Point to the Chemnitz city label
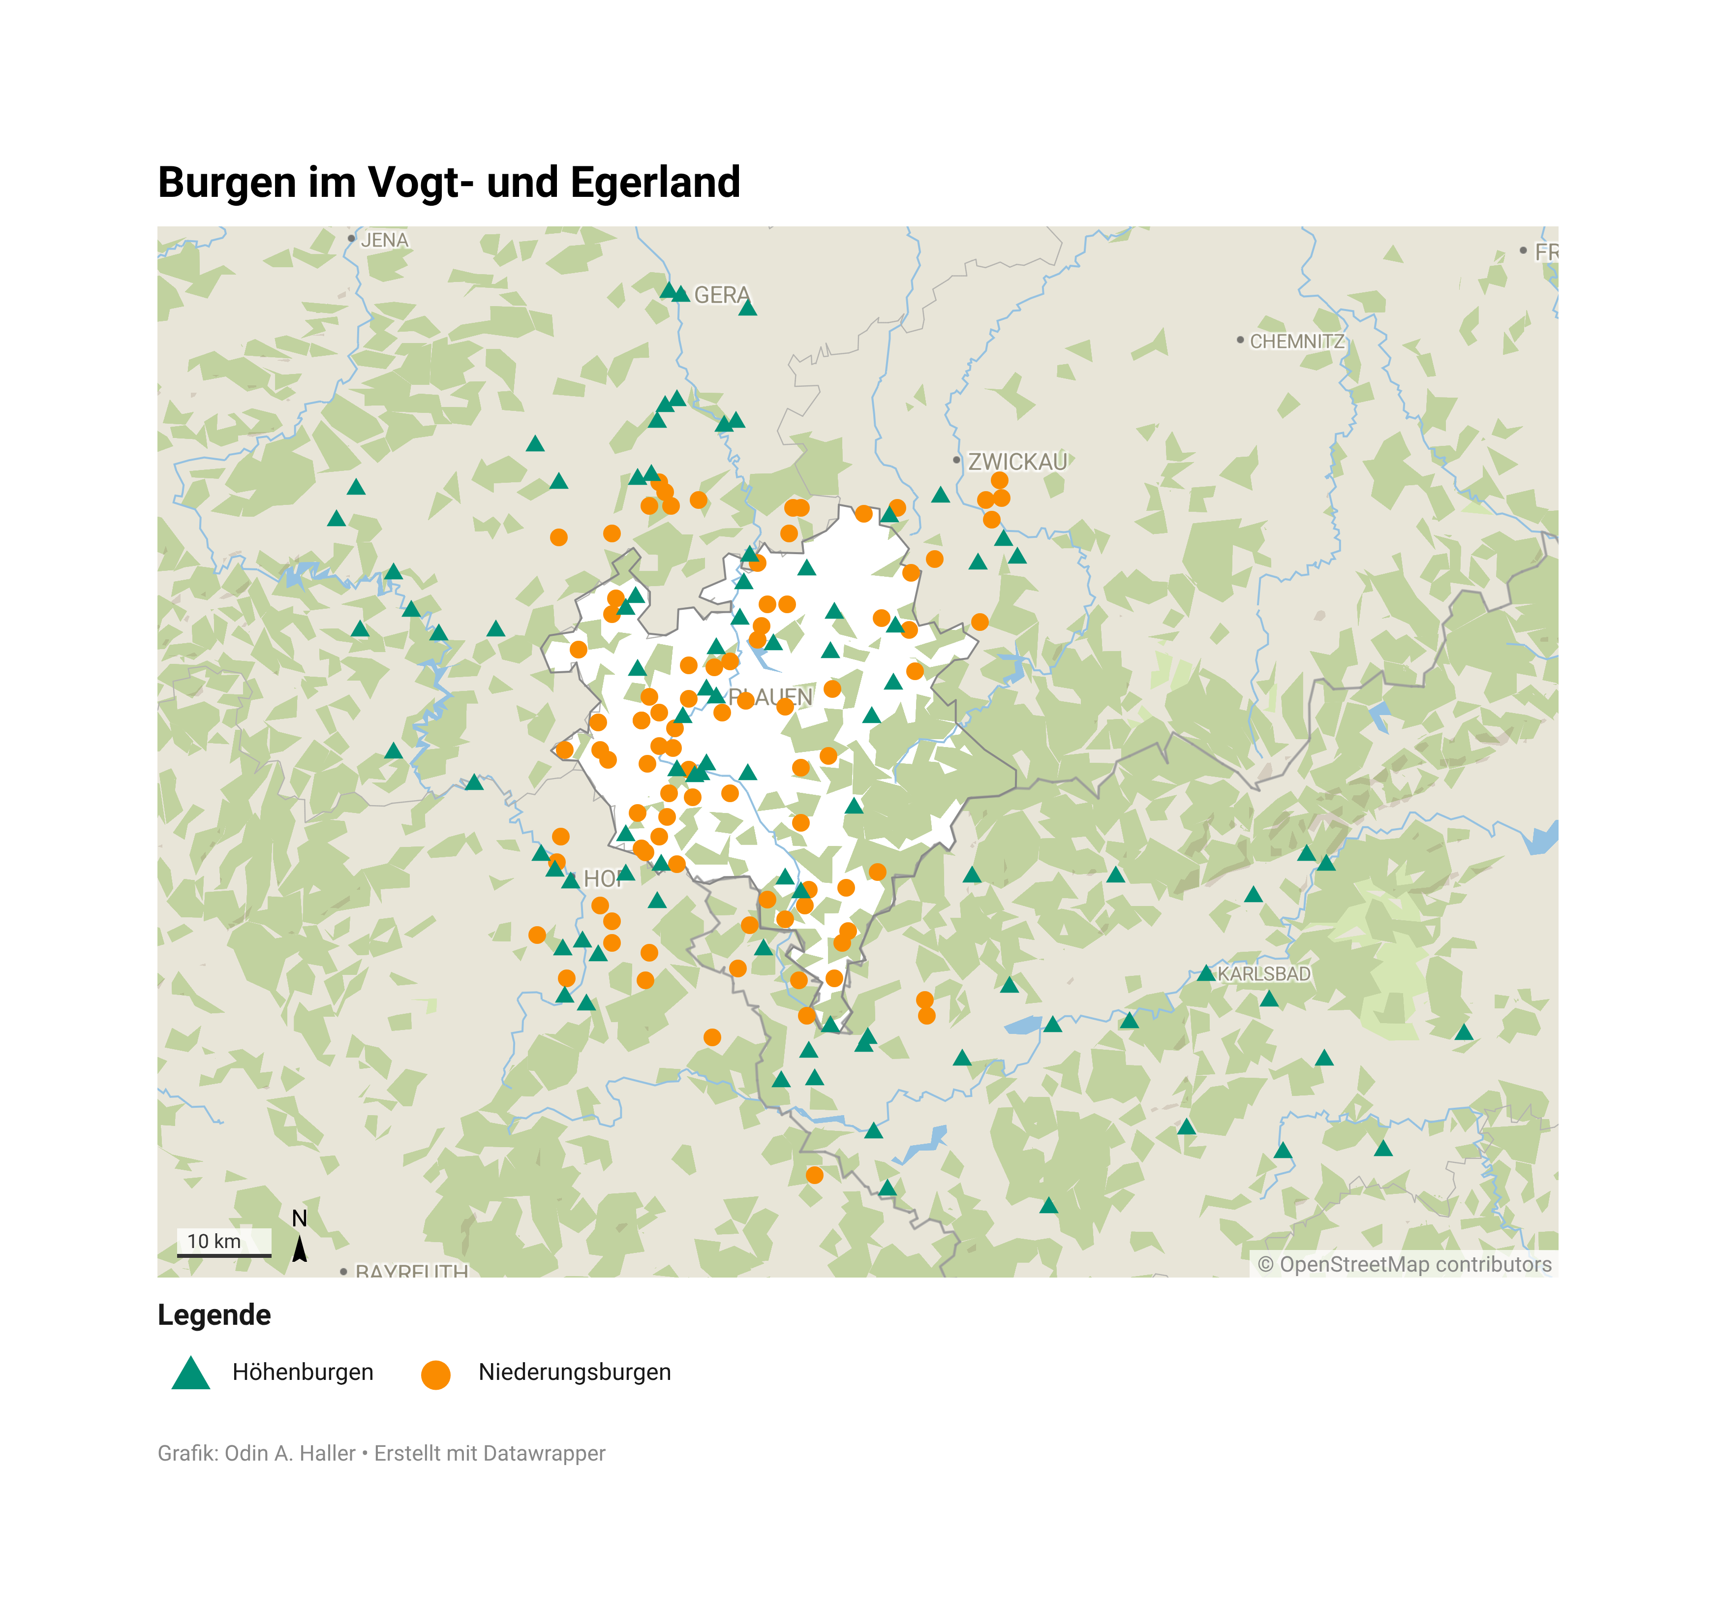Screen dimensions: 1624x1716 pyautogui.click(x=1296, y=341)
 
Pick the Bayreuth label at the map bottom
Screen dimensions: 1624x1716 pyautogui.click(x=411, y=1271)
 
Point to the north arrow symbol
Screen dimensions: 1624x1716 pyautogui.click(x=300, y=1249)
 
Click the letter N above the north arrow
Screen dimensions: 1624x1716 pyautogui.click(x=300, y=1218)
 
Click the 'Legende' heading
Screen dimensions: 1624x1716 pyautogui.click(x=214, y=1315)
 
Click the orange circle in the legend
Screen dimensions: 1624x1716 pyautogui.click(x=435, y=1374)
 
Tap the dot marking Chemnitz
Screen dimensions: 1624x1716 pyautogui.click(x=1240, y=340)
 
